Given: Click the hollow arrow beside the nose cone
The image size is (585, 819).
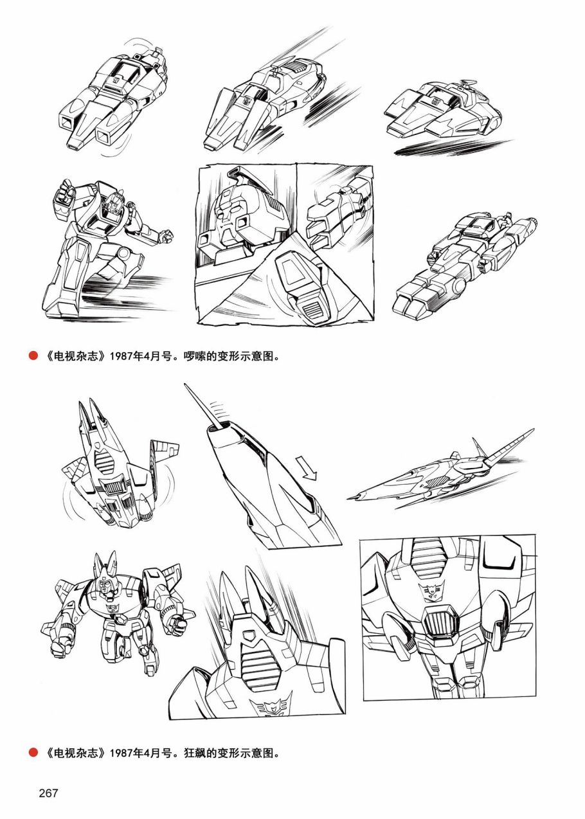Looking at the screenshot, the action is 307,467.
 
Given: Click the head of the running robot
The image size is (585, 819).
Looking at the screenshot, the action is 114,203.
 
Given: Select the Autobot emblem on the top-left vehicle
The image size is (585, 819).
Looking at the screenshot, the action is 116,79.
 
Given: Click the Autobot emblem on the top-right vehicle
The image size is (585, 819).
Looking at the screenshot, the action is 437,100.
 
